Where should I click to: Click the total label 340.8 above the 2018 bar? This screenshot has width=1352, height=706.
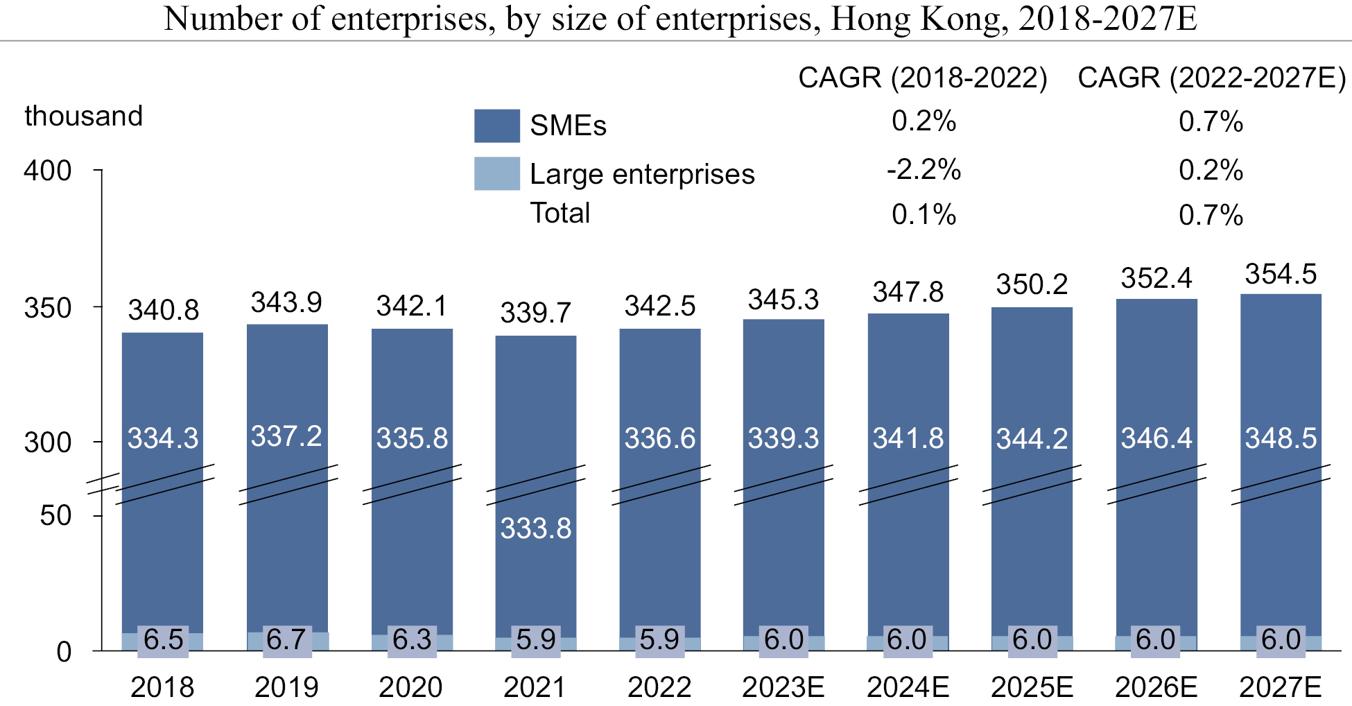click(x=163, y=310)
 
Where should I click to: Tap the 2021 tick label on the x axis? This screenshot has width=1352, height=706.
click(x=535, y=687)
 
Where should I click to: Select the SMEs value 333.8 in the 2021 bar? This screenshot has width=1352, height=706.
click(x=536, y=528)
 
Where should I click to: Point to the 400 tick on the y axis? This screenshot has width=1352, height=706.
click(x=48, y=171)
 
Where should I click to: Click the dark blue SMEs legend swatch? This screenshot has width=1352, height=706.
click(x=496, y=126)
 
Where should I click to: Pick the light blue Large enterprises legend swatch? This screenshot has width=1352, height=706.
click(x=496, y=173)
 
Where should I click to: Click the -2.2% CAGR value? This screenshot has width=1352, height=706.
click(x=924, y=170)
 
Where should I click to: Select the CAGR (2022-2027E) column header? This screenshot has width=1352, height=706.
click(x=1211, y=78)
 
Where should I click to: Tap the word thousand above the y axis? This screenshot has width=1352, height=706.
click(x=84, y=116)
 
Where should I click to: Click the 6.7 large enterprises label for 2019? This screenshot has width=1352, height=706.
click(x=286, y=639)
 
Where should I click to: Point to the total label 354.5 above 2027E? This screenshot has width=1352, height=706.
click(x=1281, y=274)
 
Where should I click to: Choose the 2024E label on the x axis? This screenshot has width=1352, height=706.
click(x=908, y=687)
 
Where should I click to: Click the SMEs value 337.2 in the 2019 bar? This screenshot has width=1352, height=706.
click(x=286, y=436)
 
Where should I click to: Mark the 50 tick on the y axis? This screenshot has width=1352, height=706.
click(x=55, y=516)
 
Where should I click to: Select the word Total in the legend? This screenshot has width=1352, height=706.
click(x=560, y=213)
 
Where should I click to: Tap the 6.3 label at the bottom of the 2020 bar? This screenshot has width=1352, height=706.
click(x=412, y=639)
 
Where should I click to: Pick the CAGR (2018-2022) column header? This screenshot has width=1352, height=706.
click(x=923, y=78)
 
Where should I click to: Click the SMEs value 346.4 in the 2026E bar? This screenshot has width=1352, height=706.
click(x=1156, y=438)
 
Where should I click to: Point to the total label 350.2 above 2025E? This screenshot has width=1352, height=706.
click(x=1032, y=284)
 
